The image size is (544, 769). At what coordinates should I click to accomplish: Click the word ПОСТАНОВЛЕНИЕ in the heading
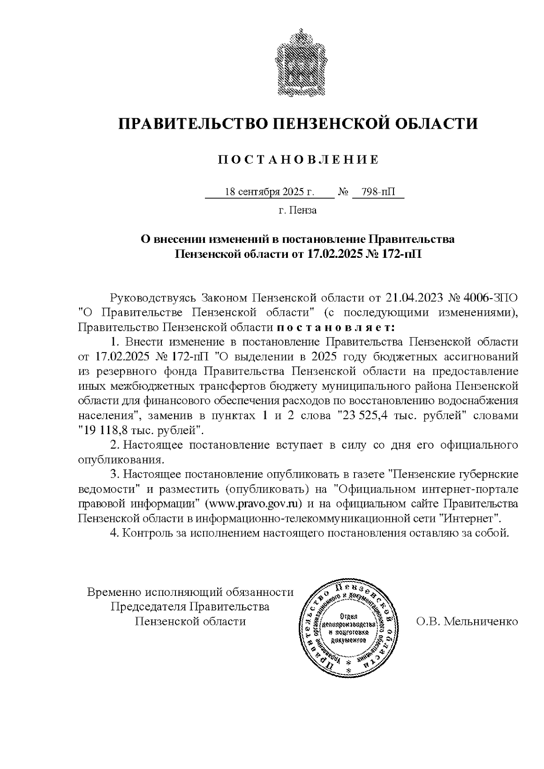coord(298,160)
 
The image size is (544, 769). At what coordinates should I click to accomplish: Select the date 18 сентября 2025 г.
coord(269,192)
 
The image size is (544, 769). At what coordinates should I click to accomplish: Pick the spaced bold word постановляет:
coord(336,327)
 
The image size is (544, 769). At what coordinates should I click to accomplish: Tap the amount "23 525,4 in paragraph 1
coord(360,416)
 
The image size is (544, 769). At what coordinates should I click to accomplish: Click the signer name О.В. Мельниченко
coord(467,621)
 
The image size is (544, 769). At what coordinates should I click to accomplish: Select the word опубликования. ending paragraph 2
coord(121,460)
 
